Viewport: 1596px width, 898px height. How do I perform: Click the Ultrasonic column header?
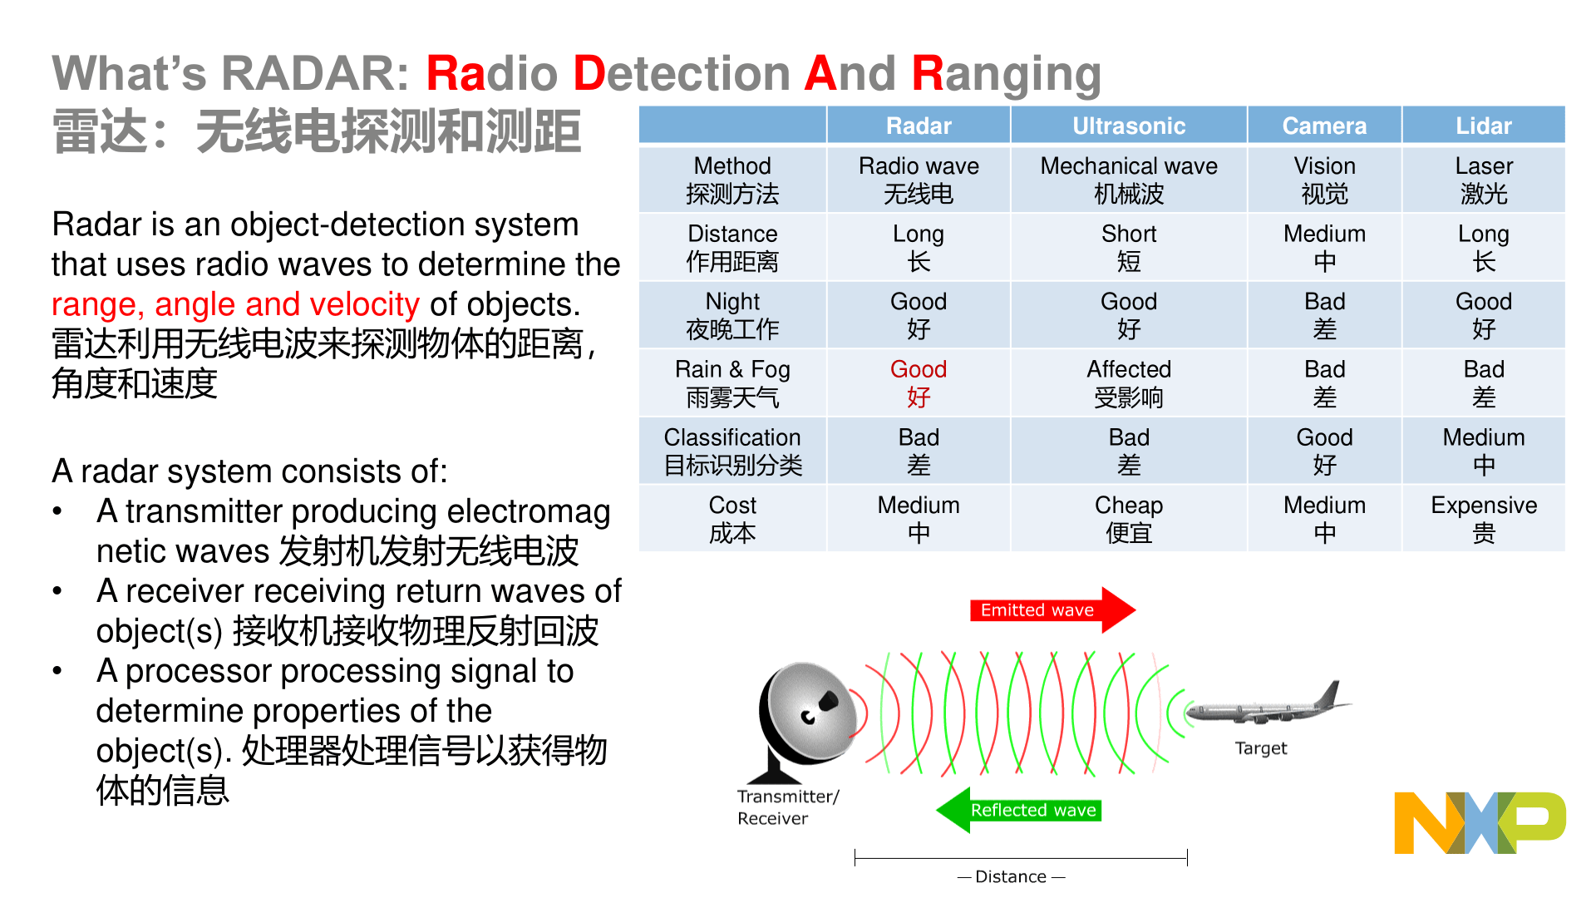(x=1128, y=126)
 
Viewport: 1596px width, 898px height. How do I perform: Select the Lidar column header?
(x=1483, y=126)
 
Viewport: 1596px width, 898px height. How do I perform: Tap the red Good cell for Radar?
(x=919, y=382)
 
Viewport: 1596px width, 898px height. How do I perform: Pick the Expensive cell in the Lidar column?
(x=1483, y=518)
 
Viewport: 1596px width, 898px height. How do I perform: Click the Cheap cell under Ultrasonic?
(x=1128, y=518)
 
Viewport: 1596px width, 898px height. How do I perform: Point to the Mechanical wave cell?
(x=1128, y=179)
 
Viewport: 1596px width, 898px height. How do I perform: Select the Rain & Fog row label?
(x=732, y=382)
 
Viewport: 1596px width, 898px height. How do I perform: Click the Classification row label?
(x=732, y=451)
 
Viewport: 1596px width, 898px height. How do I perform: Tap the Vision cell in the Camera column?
(x=1324, y=179)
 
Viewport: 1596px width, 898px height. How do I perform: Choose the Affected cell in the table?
(x=1128, y=382)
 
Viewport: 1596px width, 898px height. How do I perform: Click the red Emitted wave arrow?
(x=1052, y=610)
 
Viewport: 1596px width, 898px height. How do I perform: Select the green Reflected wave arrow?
(x=1018, y=810)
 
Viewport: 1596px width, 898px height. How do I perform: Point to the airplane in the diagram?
(x=1268, y=706)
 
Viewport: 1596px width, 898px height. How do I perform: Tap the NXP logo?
(x=1480, y=822)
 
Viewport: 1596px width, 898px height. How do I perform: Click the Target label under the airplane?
(x=1260, y=748)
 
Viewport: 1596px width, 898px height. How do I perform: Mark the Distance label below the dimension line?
(x=1011, y=876)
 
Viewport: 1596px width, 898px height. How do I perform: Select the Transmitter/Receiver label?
(x=787, y=807)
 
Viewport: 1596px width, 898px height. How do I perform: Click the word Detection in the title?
(x=682, y=73)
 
